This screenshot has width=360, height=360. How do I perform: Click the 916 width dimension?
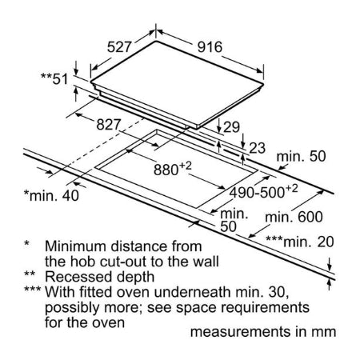click(x=210, y=47)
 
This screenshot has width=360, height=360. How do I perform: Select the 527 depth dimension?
click(x=119, y=47)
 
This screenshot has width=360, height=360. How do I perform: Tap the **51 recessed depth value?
click(x=54, y=79)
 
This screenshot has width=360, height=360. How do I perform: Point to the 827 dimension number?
click(x=109, y=125)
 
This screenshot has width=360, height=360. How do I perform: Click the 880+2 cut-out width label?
click(x=173, y=169)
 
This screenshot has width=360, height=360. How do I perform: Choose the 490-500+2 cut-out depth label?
click(x=264, y=191)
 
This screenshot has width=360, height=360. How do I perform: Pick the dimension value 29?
click(x=231, y=127)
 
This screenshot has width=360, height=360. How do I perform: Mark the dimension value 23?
click(x=257, y=148)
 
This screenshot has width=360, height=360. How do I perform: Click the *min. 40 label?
click(x=51, y=195)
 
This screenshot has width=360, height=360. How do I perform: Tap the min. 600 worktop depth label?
click(x=294, y=217)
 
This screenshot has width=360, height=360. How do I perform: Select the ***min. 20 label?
click(x=300, y=242)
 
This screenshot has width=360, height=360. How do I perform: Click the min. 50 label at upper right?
click(x=301, y=156)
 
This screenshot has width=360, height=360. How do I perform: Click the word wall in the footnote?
click(x=206, y=262)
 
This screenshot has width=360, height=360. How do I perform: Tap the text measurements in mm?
click(x=263, y=332)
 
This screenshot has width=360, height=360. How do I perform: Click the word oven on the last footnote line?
click(x=109, y=323)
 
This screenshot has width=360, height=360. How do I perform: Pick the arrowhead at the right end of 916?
click(x=260, y=70)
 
